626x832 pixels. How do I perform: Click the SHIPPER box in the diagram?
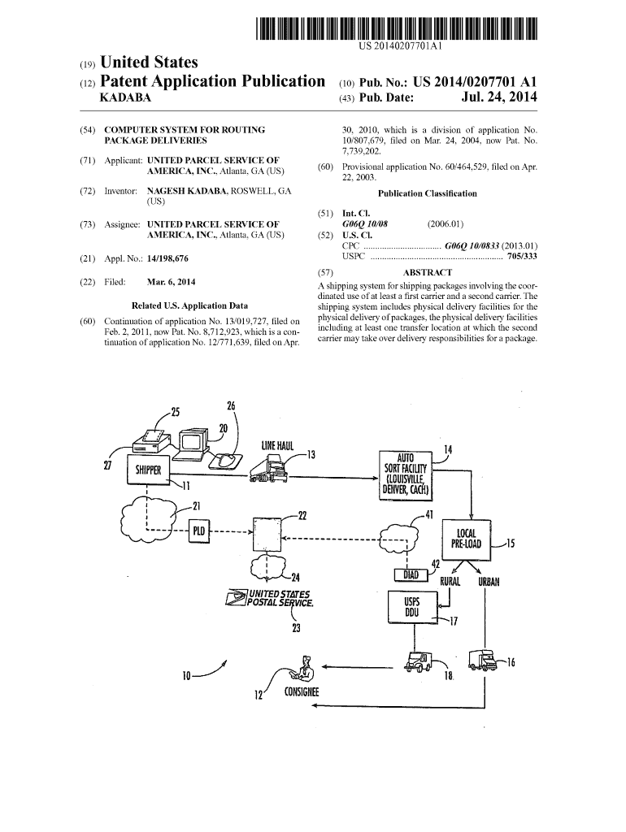147,470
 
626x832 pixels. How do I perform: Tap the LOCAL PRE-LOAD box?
467,539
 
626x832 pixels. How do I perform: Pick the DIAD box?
411,575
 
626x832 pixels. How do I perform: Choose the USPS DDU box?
411,606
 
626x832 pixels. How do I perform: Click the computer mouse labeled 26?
224,460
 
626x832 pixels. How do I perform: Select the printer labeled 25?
150,441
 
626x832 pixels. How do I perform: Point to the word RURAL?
450,582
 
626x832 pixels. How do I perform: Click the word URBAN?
489,582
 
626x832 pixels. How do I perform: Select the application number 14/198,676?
174,258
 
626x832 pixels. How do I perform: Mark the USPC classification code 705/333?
522,255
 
